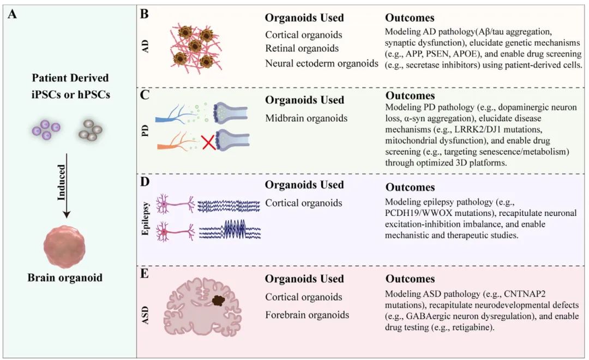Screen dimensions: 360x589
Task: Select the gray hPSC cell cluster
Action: (x=89, y=129)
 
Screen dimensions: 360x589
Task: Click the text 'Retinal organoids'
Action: (x=302, y=49)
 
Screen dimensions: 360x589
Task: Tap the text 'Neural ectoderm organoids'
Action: (x=322, y=63)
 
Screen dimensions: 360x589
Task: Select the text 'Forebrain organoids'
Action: (x=307, y=315)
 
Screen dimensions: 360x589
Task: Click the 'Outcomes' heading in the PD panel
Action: (x=410, y=97)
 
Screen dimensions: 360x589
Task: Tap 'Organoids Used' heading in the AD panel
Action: (x=304, y=17)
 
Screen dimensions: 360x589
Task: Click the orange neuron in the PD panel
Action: (x=173, y=145)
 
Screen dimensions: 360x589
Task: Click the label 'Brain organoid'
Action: (x=65, y=277)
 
